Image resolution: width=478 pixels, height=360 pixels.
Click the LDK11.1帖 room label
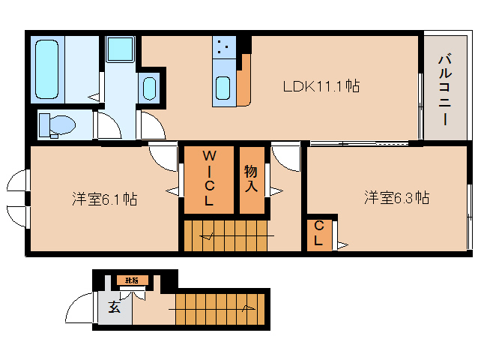pos(321,86)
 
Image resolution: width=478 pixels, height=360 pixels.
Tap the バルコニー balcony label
pos(444,87)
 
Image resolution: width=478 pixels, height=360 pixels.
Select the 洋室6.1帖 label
pos(104,199)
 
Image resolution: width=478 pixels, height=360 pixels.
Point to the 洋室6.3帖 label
pos(397,198)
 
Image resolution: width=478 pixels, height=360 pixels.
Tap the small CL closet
pos(318,233)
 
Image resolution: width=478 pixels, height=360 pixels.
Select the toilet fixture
pos(56,124)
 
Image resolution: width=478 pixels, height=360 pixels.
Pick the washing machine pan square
pos(118,49)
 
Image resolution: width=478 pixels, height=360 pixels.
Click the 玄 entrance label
pos(113,306)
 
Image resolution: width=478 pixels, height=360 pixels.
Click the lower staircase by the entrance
pos(217,310)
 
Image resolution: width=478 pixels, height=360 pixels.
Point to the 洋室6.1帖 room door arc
pos(163,157)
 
